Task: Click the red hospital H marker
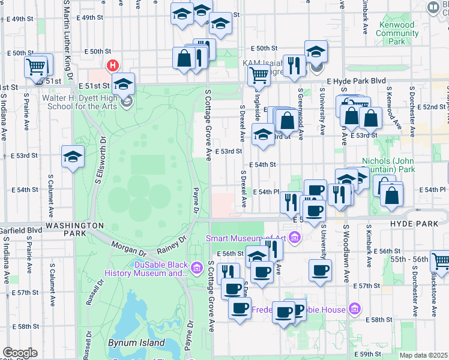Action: tap(112, 65)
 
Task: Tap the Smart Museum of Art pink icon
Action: tap(294, 238)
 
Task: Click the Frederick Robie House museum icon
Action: tap(355, 309)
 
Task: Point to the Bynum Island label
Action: tap(136, 343)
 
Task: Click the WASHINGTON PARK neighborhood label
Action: tap(75, 225)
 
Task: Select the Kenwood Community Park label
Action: tap(397, 34)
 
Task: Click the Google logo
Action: tap(20, 353)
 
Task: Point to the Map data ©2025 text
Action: tap(423, 355)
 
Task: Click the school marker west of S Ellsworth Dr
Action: tap(73, 157)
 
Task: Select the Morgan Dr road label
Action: tap(127, 247)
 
